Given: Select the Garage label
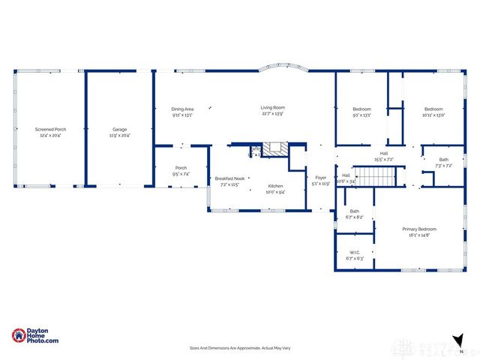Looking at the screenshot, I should coord(119,132).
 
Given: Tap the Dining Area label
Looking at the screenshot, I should coord(182,112).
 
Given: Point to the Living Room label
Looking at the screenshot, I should coord(272,111).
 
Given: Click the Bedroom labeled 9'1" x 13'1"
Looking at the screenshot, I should coord(361,112).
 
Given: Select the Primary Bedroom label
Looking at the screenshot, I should coord(419,232).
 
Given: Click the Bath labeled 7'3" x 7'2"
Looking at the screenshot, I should coord(443,162).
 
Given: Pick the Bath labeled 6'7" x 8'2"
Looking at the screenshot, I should coord(354,214).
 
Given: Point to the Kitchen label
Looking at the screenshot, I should coord(276,188).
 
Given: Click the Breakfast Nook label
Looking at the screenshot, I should coord(229,181).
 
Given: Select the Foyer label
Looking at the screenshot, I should coord(321,180).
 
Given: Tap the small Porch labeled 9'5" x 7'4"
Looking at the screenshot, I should coord(181,170).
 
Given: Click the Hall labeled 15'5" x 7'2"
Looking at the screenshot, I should coord(382,157).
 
